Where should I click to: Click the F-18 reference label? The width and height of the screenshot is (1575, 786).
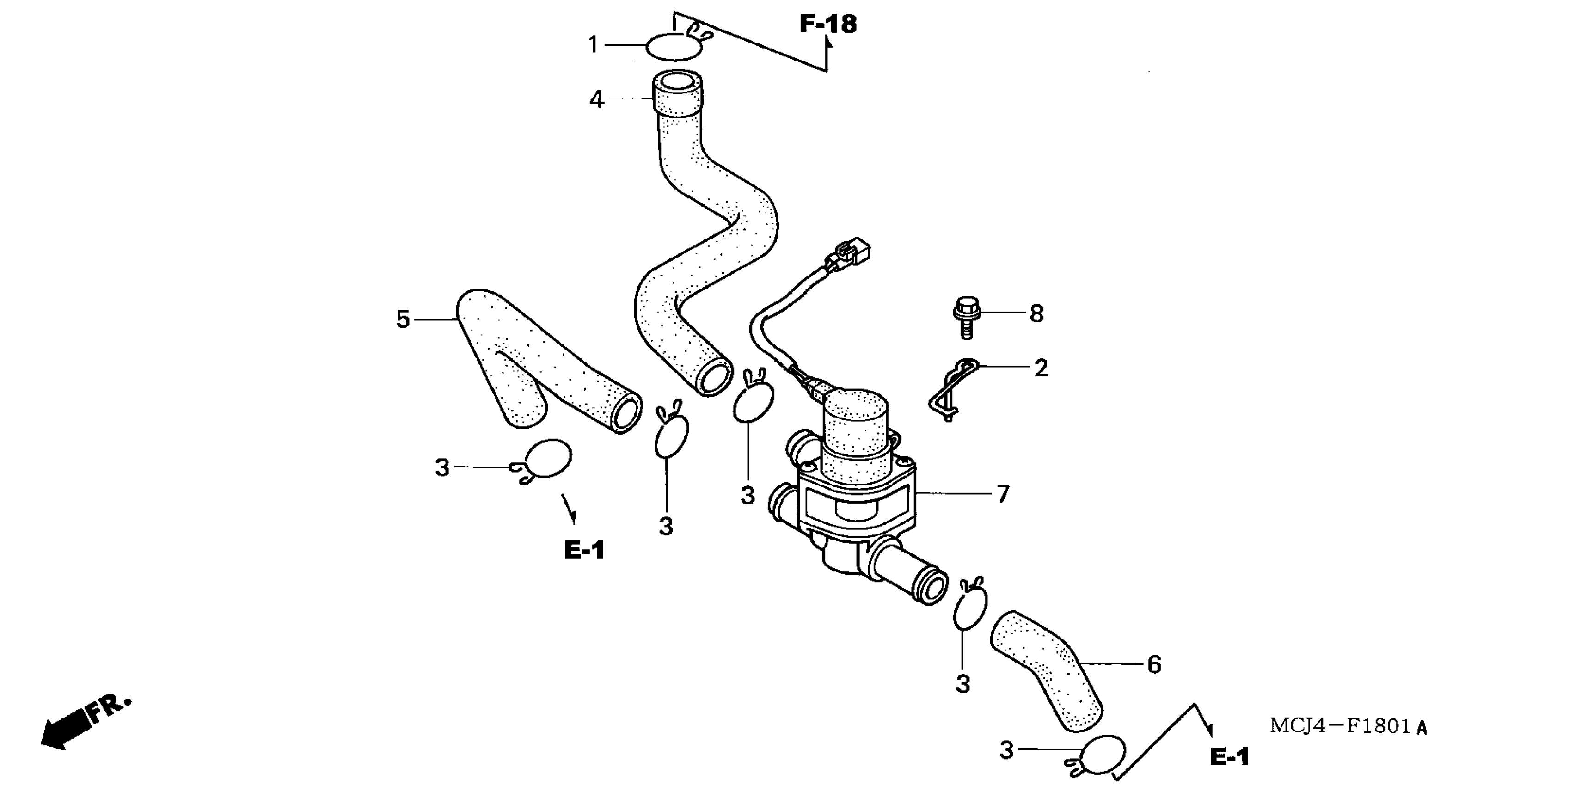pos(828,25)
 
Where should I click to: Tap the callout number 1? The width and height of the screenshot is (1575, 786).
pos(593,45)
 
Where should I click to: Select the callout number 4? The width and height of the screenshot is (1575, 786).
pos(596,99)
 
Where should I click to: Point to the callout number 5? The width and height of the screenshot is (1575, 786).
pos(402,319)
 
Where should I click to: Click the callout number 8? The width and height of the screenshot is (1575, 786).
pos(1036,314)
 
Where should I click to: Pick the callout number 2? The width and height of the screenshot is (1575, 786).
pos(1041,368)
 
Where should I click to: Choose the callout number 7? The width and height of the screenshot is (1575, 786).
pos(1003,494)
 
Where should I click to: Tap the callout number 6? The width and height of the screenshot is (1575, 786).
pos(1154,665)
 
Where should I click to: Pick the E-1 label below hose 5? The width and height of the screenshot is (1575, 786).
pos(584,551)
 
